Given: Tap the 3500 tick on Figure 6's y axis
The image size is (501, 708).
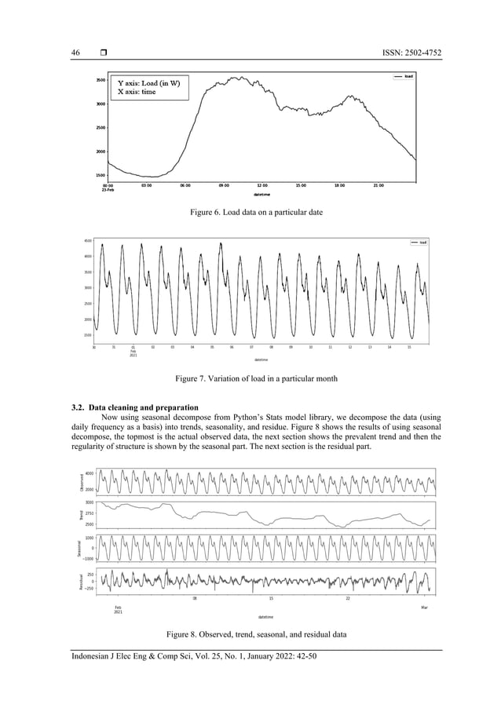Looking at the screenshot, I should point(101,80).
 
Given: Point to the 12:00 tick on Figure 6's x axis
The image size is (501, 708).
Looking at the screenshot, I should point(262,186).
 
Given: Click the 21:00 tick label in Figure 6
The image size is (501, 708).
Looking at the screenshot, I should point(378,186).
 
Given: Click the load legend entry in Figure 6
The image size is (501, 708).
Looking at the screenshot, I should point(404,76).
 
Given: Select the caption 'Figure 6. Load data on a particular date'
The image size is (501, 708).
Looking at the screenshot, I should point(250,213).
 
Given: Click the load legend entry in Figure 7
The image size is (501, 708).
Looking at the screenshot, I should point(419,242).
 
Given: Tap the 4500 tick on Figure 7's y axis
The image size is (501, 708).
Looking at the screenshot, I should point(87,241).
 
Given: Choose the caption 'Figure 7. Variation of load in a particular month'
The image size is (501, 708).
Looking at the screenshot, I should point(250,379).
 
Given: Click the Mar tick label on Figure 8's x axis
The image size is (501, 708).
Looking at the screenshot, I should point(424,608).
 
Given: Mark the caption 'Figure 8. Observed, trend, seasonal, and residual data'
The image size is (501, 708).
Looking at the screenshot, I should point(250,633).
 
